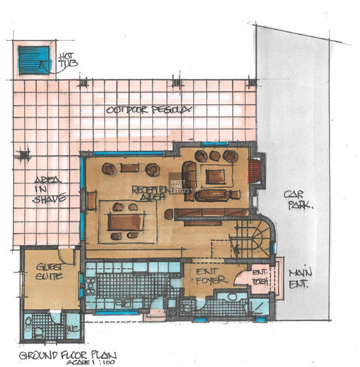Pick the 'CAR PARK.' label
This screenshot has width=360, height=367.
click(298, 199)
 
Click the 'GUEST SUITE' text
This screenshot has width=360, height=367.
click(50, 271)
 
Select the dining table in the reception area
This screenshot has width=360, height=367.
click(126, 221)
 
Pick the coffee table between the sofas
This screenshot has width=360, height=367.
click(214, 176)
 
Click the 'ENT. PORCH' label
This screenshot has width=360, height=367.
click(260, 275)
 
